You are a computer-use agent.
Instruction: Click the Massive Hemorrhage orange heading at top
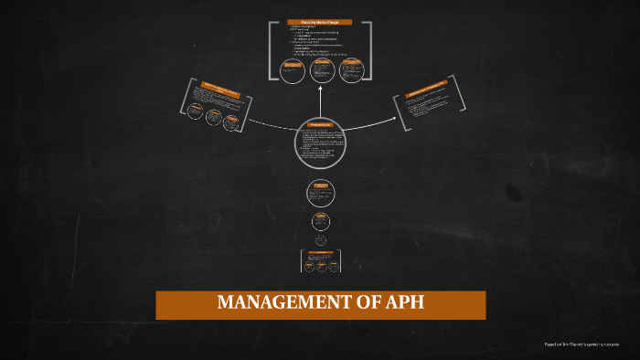click(x=319, y=22)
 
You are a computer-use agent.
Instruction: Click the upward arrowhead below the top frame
click(x=321, y=90)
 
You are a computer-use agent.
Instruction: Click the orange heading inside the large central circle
click(x=320, y=124)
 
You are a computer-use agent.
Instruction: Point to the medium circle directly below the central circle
click(x=320, y=193)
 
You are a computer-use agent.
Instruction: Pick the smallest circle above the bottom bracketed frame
click(x=321, y=240)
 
